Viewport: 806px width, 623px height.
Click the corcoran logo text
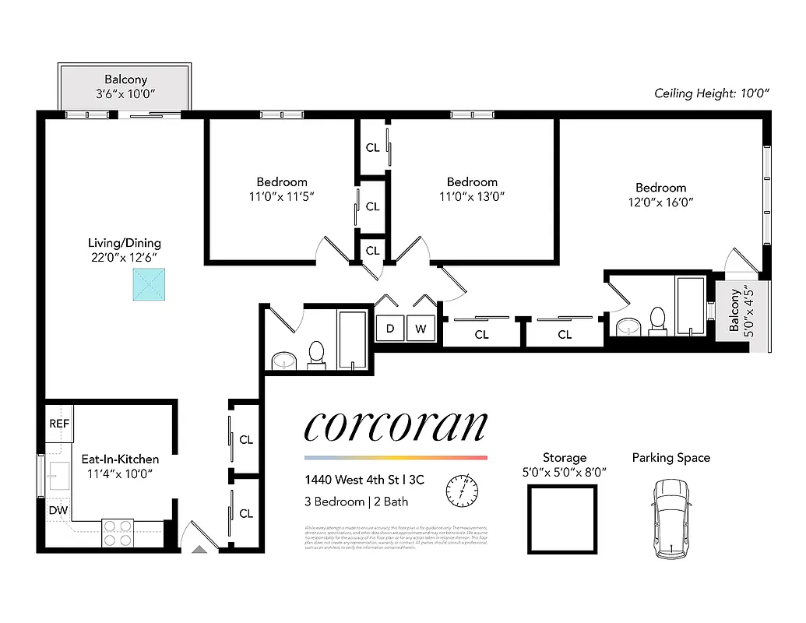pos(395,426)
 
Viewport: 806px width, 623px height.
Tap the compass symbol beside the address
pos(461,490)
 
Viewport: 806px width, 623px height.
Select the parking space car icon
pos(670,517)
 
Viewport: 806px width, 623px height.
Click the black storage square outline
pos(562,519)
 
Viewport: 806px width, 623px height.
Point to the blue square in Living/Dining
pos(149,284)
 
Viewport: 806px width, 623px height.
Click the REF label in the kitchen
pos(59,424)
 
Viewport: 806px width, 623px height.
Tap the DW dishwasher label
pos(58,510)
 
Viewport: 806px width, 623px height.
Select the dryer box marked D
pos(390,329)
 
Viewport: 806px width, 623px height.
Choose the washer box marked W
pos(421,329)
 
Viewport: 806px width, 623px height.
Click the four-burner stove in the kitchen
pos(118,533)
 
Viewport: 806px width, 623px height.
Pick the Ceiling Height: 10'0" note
pos(712,93)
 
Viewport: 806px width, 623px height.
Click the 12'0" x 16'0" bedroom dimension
pos(660,202)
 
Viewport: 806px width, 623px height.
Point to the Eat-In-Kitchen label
pos(120,459)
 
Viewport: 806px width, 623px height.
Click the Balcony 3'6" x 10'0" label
pos(125,86)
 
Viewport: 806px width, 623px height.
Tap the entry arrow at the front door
pos(199,549)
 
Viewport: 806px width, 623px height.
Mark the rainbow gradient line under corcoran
pos(395,458)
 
